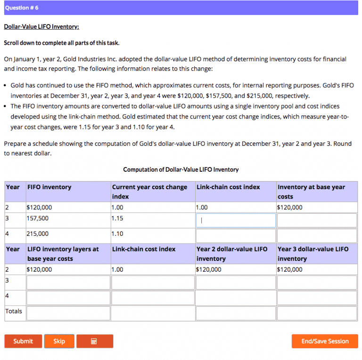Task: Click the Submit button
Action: [23, 341]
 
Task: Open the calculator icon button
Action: [94, 341]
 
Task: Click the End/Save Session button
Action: [325, 341]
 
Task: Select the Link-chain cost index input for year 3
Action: [235, 220]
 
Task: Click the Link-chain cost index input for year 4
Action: [235, 235]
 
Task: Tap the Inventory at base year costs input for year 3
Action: [317, 220]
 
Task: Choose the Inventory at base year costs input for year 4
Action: [317, 235]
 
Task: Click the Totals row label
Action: [14, 311]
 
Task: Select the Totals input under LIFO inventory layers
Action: [68, 313]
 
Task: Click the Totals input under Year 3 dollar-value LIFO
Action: [317, 313]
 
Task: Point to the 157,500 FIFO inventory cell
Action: [38, 218]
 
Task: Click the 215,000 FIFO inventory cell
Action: [38, 234]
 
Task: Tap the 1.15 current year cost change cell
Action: [117, 218]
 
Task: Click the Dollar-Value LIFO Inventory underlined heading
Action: [41, 27]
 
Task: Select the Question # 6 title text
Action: [22, 8]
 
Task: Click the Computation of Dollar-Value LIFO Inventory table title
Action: [181, 169]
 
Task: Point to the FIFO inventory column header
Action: [49, 187]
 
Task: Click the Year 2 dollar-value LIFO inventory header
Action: [232, 254]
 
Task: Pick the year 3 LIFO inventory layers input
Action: [68, 283]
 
